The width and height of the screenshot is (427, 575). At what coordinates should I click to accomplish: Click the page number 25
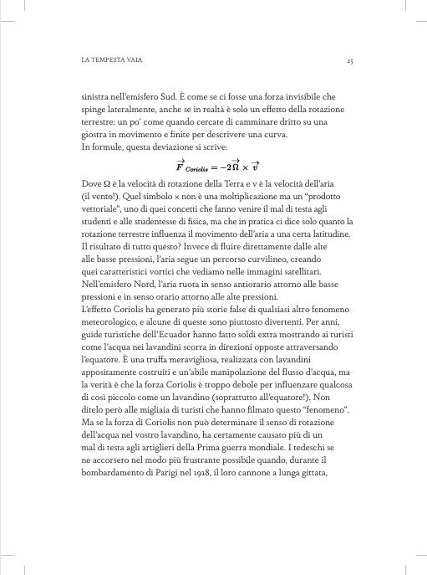pos(353,62)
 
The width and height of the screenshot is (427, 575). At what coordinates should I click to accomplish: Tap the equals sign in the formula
pos(217,165)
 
